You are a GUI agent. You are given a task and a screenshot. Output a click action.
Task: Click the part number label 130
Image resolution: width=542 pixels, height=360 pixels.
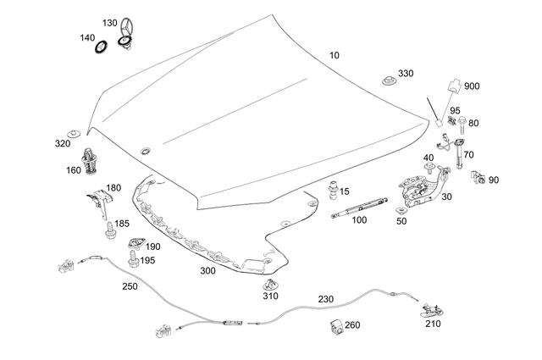(x=110, y=22)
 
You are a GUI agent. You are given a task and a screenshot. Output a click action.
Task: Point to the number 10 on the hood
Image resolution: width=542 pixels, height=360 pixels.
(x=335, y=55)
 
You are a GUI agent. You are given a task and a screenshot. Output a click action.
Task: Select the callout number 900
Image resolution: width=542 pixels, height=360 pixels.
(x=472, y=86)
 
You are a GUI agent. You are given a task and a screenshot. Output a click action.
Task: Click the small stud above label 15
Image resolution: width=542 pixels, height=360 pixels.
(x=335, y=186)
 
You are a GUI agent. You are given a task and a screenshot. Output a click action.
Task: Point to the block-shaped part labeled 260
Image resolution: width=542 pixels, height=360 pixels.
(x=333, y=326)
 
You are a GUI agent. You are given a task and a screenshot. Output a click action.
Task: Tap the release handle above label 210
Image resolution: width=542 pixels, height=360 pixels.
(x=431, y=311)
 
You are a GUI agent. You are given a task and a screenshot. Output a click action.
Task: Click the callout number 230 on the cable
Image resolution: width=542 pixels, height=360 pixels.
(x=326, y=299)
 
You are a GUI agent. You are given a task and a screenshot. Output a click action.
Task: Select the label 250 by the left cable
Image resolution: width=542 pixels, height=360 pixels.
(x=129, y=286)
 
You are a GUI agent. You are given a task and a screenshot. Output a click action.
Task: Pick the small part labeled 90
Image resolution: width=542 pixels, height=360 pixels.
(x=480, y=180)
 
